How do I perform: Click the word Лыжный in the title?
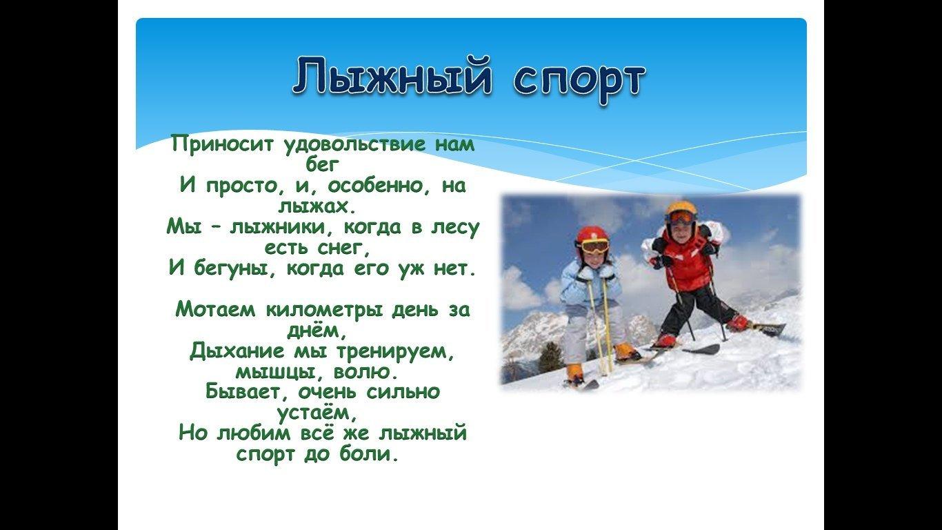click(x=392, y=77)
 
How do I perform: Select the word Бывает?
click(x=248, y=393)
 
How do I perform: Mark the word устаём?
click(x=317, y=413)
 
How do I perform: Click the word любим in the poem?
click(x=254, y=433)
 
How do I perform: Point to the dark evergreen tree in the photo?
click(x=551, y=358)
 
